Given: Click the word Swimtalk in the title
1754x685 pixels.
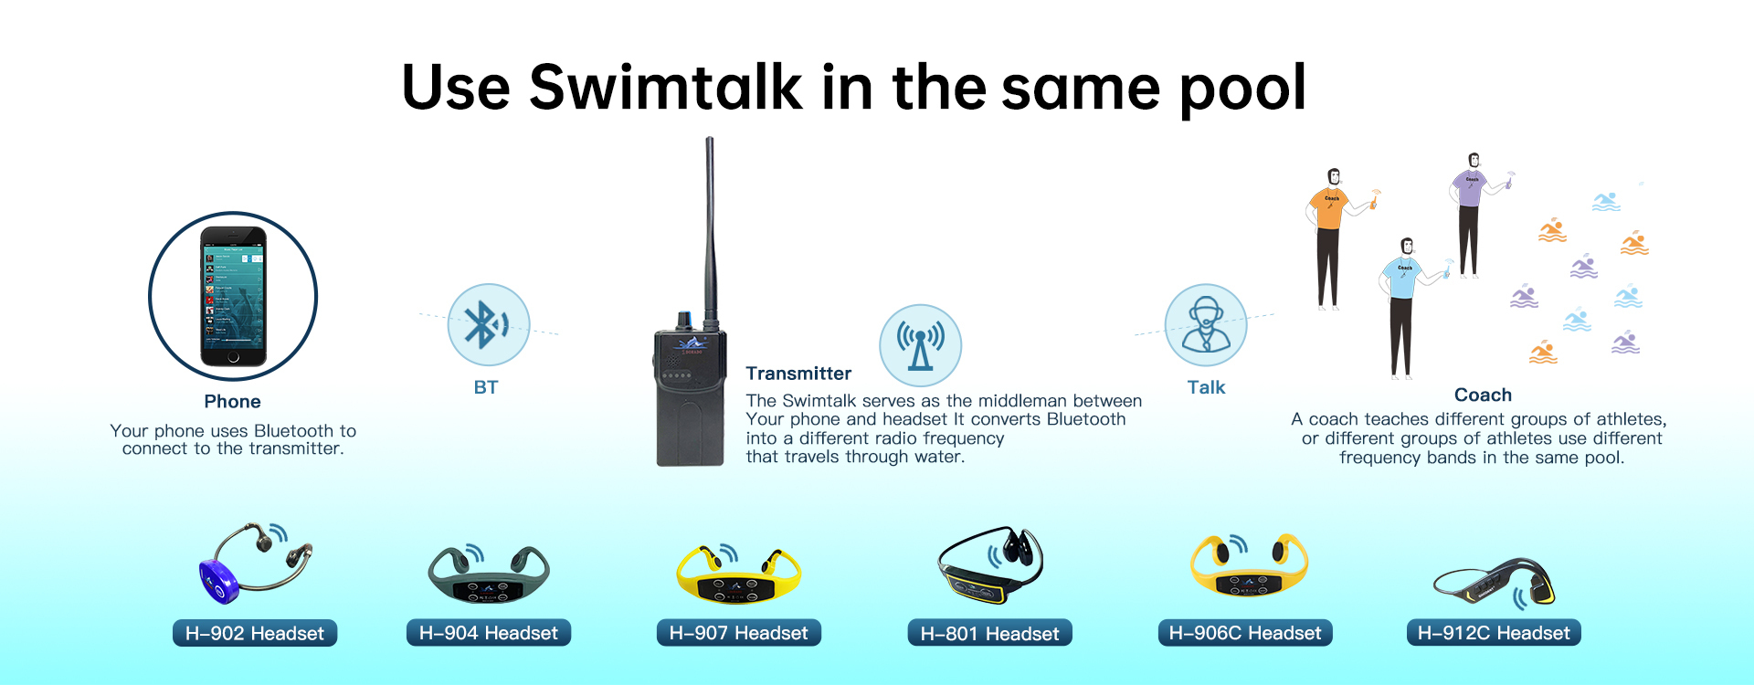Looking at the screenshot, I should tap(665, 88).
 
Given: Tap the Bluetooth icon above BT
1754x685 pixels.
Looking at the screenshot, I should tap(488, 324).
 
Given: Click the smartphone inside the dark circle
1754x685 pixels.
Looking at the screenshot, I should tap(233, 296).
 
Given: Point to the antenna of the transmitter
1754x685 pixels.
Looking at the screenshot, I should tap(709, 228).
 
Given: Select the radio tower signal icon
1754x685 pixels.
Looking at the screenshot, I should tap(920, 344).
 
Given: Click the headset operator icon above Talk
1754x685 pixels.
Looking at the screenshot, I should tap(1206, 325).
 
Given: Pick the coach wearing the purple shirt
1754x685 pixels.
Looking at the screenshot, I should tap(1469, 215).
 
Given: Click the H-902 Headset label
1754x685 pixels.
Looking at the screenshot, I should tap(255, 633).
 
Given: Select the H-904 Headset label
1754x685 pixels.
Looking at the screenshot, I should tap(489, 633).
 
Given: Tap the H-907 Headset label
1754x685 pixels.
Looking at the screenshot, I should tap(739, 633).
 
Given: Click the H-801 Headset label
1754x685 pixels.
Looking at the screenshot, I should tap(990, 633).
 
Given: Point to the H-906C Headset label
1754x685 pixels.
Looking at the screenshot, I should tap(1245, 633).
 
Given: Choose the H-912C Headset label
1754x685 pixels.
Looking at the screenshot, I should tap(1494, 633).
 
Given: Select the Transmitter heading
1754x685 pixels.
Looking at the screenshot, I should tap(798, 374).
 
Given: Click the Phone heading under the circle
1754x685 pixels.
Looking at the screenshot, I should tap(233, 402).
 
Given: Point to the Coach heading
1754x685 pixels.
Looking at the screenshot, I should tap(1483, 395).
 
